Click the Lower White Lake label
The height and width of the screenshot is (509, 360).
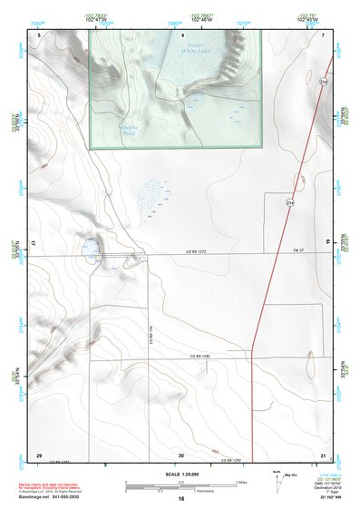click(196, 48)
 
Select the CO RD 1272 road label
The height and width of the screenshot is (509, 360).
click(185, 250)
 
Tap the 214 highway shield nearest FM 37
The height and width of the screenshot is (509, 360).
click(289, 201)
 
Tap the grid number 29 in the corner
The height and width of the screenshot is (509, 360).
click(38, 454)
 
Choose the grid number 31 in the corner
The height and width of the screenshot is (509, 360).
click(323, 454)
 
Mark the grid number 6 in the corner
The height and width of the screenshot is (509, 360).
click(39, 34)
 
